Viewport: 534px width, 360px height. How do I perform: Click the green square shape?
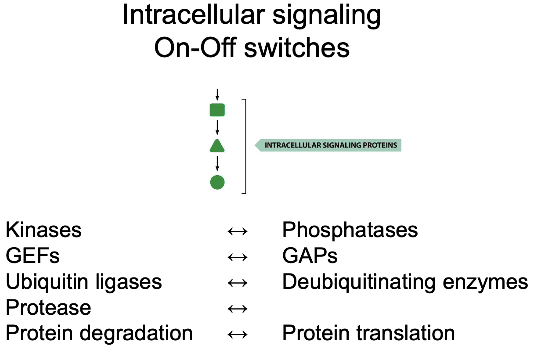[217, 110]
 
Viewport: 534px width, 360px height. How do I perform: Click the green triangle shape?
[217, 146]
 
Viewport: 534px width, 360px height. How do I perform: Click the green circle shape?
[217, 182]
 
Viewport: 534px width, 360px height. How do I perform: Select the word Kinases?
[43, 230]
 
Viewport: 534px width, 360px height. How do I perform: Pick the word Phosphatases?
[350, 230]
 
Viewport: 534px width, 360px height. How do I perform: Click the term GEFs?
[32, 256]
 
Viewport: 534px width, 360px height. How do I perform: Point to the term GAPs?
[310, 256]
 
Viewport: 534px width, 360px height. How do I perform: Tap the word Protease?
[48, 308]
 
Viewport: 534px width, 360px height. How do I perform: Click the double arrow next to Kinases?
[238, 231]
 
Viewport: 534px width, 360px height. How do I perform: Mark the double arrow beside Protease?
[238, 309]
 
